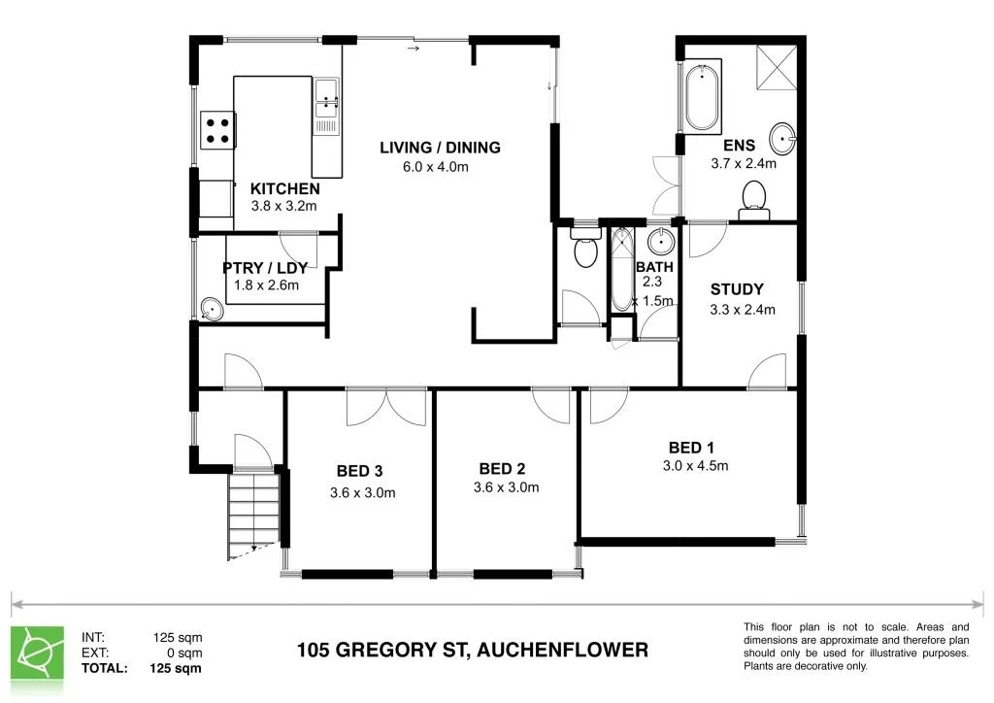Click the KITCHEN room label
point(284,188)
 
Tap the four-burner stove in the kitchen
point(218,129)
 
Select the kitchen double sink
point(325,108)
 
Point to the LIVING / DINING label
point(440,148)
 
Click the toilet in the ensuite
point(753,200)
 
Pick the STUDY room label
point(737,289)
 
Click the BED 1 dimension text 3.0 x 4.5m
point(691,465)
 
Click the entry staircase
point(254,515)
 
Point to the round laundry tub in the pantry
point(212,310)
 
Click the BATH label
point(654,267)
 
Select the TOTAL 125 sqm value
point(175,668)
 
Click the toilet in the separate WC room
point(585,251)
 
